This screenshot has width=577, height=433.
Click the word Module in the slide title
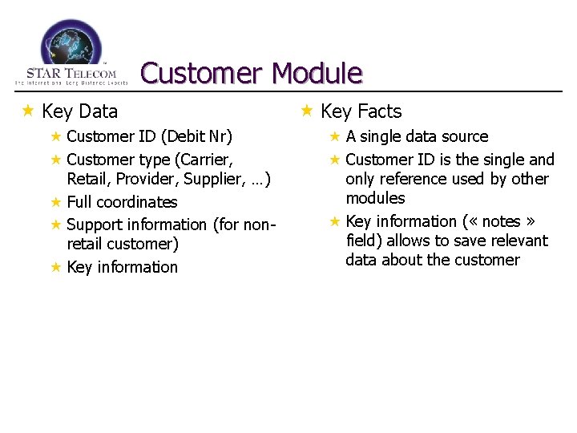[x=317, y=74]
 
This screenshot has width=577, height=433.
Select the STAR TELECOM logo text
[x=71, y=74]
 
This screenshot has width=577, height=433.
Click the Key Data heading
[x=79, y=111]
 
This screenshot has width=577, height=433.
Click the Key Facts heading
[x=361, y=111]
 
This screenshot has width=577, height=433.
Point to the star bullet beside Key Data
[x=29, y=111]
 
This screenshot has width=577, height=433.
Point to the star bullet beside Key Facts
[x=307, y=111]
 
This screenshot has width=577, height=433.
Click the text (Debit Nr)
[x=196, y=136]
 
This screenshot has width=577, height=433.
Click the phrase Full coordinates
[x=122, y=202]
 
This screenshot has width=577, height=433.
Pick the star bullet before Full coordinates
[x=56, y=201]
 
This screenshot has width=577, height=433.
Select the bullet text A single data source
[x=417, y=136]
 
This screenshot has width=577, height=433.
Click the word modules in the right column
[x=375, y=198]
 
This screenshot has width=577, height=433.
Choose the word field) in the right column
[x=364, y=241]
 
